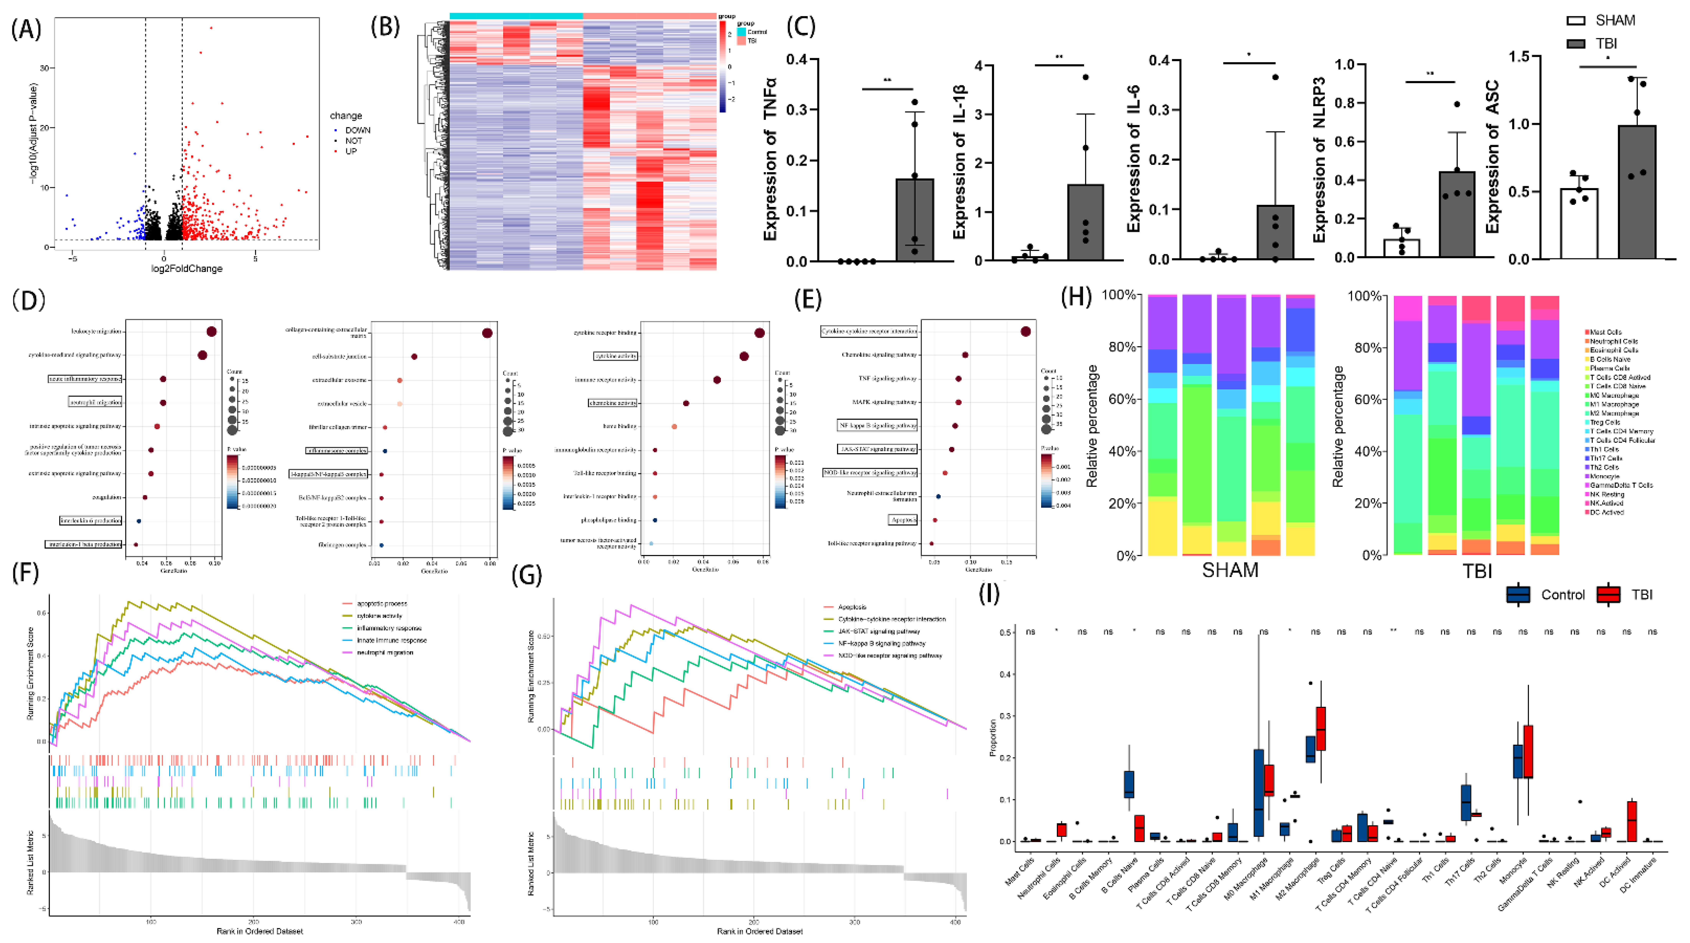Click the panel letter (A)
(x=26, y=30)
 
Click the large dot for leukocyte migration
(x=211, y=331)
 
